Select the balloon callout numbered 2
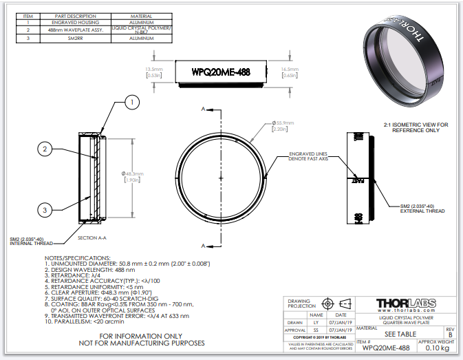45,148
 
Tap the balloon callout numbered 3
45,209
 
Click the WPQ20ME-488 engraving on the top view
219,72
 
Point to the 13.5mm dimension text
154,70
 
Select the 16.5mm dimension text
290,70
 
